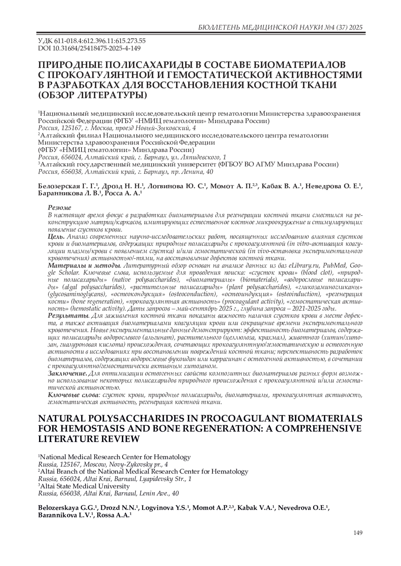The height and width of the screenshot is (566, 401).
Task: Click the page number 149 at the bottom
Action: pos(358,533)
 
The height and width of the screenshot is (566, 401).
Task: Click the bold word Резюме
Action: pos(59,207)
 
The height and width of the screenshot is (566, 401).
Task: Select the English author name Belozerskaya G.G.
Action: pos(67,508)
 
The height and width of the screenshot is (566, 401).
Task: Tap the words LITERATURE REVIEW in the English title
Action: pos(89,439)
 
